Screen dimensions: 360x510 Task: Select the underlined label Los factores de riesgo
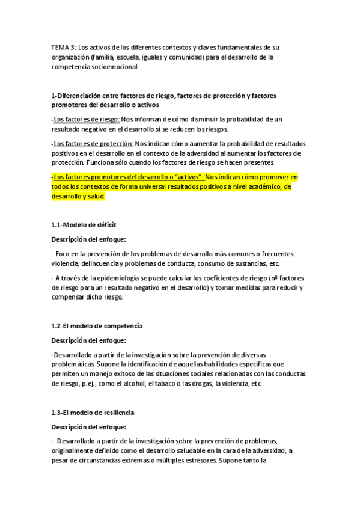tap(86, 119)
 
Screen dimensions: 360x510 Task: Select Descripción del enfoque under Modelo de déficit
tap(88, 239)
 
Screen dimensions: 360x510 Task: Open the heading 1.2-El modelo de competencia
tap(96, 325)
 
